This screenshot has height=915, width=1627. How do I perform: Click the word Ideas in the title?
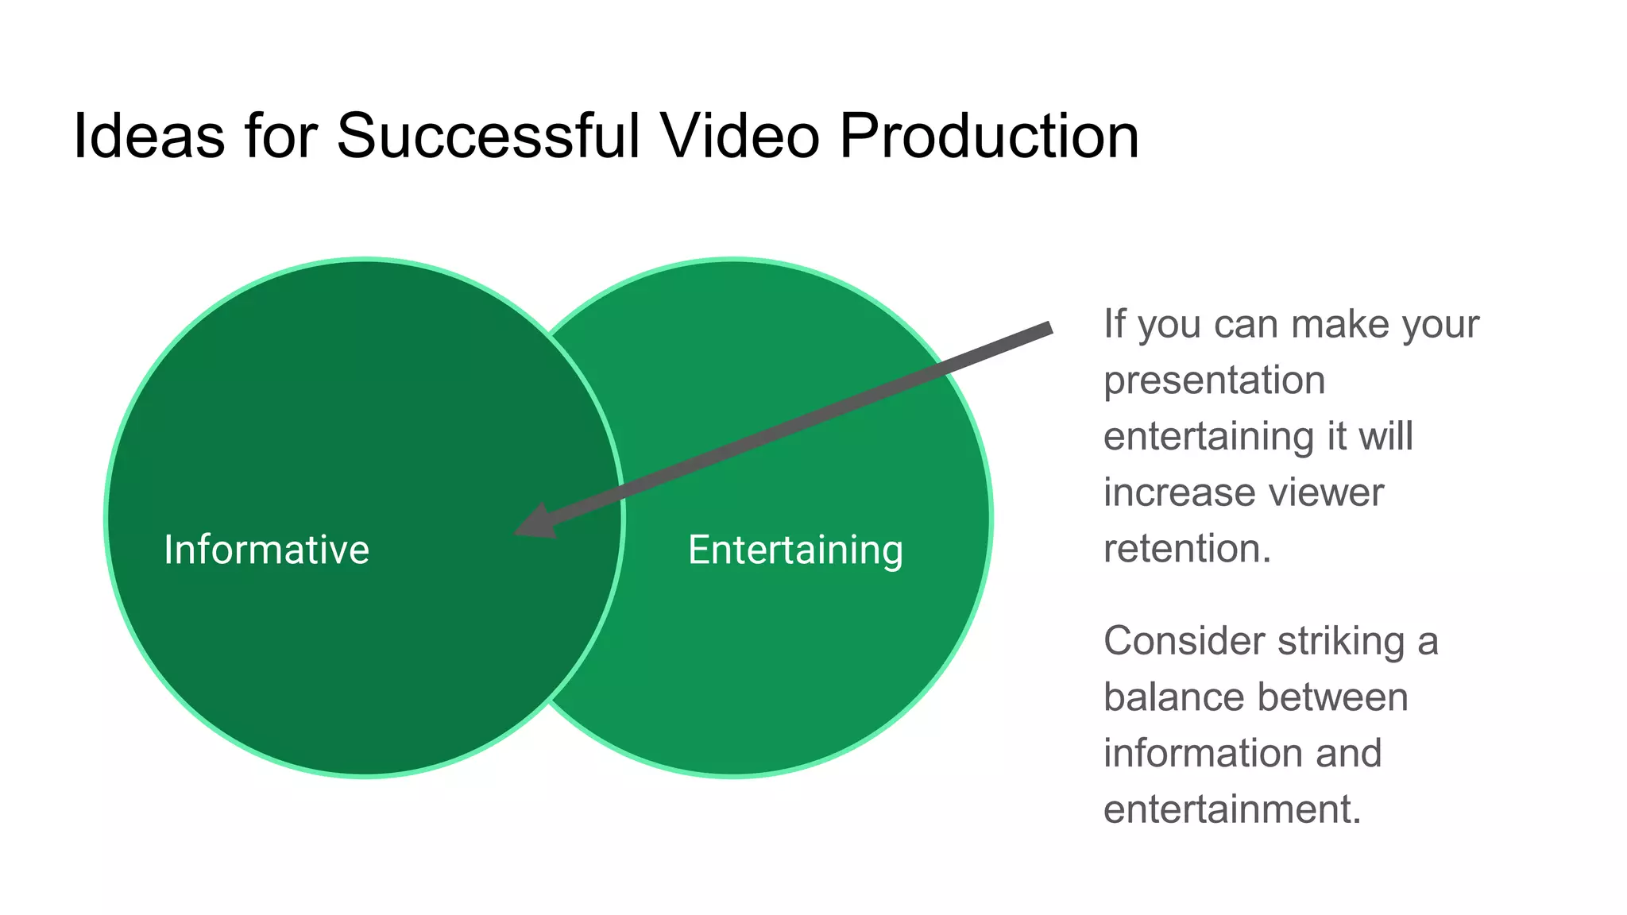pos(149,136)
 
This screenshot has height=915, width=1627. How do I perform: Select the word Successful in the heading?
pos(488,136)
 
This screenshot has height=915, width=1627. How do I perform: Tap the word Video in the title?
pos(740,136)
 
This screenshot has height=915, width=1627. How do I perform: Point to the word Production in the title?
pos(988,136)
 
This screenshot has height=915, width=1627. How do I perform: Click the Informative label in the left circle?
pos(266,550)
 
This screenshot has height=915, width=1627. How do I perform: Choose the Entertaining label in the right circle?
pos(795,550)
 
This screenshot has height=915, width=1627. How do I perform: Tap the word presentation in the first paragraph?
pos(1214,380)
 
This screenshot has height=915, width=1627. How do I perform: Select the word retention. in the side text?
pos(1187,549)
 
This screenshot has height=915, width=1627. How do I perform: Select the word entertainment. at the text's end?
pos(1232,810)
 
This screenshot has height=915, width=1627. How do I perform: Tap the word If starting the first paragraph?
pos(1114,324)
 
